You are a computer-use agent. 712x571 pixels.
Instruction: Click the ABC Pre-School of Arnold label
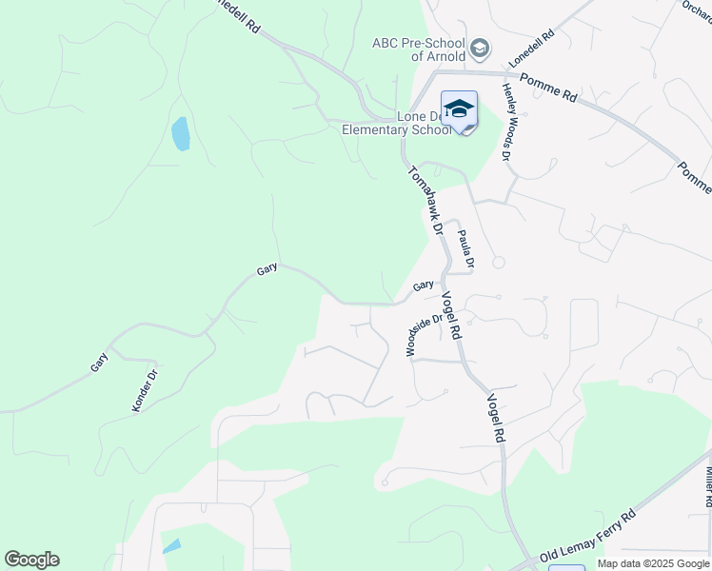[418, 49]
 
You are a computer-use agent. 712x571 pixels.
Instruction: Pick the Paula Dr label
[465, 250]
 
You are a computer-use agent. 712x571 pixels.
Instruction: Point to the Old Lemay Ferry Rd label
[587, 539]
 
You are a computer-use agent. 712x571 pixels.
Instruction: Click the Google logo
[31, 560]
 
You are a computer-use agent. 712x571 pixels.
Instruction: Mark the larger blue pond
[180, 134]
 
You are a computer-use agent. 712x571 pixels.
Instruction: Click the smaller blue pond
[171, 546]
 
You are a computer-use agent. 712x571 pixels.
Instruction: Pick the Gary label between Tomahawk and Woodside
[423, 285]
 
